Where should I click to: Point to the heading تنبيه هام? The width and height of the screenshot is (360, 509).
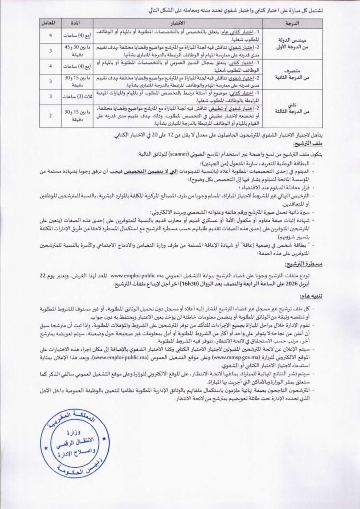311,297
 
